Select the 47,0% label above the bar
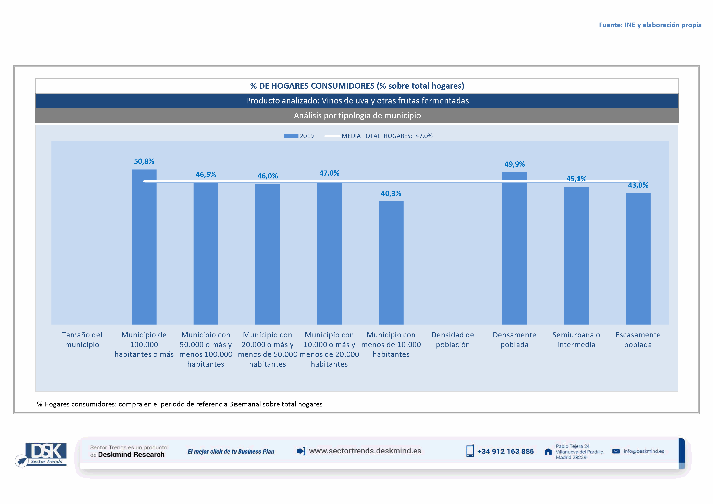(329, 173)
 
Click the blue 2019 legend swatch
(291, 136)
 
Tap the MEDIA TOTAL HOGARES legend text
(387, 136)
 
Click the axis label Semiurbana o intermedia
(576, 340)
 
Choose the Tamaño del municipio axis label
(82, 340)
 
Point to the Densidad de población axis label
(452, 340)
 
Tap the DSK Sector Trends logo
(44, 454)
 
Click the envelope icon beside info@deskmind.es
(616, 451)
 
